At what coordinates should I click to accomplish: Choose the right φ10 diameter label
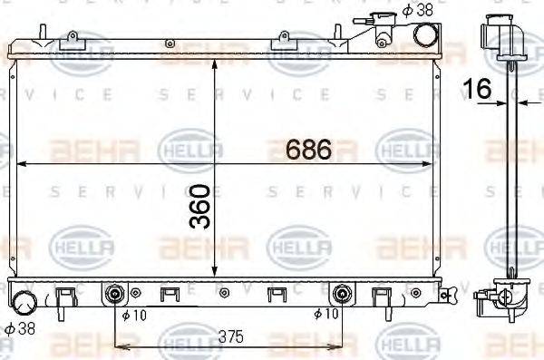pos(325,315)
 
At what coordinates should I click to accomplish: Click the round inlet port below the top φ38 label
pos(423,34)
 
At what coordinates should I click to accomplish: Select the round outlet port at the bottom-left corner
pos(24,304)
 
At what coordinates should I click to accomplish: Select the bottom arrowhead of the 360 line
pos(213,273)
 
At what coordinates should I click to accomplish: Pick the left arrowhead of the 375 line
pos(119,345)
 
